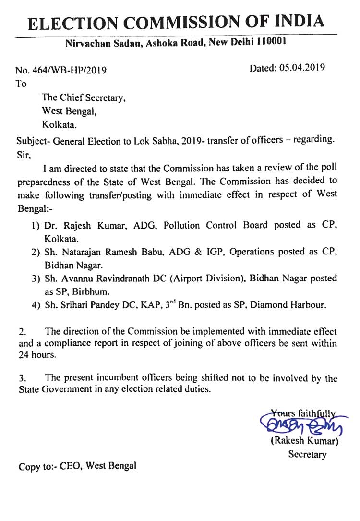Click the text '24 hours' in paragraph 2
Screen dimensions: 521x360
tap(37, 356)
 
